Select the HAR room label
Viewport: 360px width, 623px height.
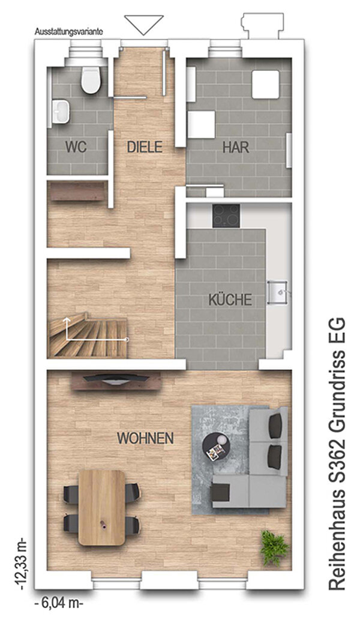click(236, 147)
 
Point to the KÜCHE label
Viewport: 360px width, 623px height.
click(230, 299)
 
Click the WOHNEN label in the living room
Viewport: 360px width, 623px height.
click(145, 438)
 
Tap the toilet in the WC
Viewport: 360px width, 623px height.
click(91, 79)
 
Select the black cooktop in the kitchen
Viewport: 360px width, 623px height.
click(226, 215)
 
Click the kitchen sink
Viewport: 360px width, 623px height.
click(278, 292)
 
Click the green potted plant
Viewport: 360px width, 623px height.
click(274, 547)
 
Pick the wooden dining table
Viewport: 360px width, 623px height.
click(101, 507)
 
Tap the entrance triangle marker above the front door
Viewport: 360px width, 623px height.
click(144, 25)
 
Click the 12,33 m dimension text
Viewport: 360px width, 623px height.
click(22, 564)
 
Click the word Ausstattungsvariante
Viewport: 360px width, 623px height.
click(69, 32)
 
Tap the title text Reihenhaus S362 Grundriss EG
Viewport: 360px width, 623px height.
click(337, 453)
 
